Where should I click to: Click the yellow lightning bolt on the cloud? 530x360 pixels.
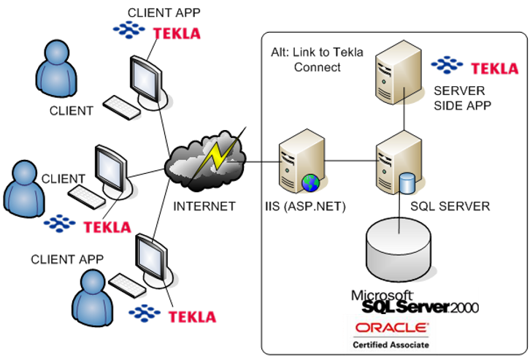point(218,154)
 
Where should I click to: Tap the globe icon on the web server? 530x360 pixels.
point(310,183)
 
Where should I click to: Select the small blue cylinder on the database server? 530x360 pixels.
point(407,183)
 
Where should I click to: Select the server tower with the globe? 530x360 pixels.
point(299,161)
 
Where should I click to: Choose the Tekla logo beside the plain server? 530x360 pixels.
point(474,67)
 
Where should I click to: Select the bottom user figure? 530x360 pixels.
point(94,296)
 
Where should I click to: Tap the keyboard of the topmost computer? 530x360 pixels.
point(123,108)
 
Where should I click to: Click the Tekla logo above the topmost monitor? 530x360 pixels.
point(156,31)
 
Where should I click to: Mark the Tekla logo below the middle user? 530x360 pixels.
point(87,225)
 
